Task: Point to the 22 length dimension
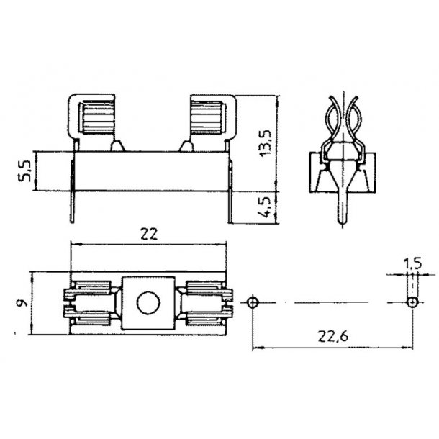[x=148, y=234]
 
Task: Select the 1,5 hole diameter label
[x=412, y=264]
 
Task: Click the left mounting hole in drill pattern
[x=252, y=302]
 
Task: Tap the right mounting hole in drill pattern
[x=412, y=302]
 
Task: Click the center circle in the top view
[x=148, y=303]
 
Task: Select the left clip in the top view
[x=91, y=303]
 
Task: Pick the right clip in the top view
[x=207, y=303]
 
